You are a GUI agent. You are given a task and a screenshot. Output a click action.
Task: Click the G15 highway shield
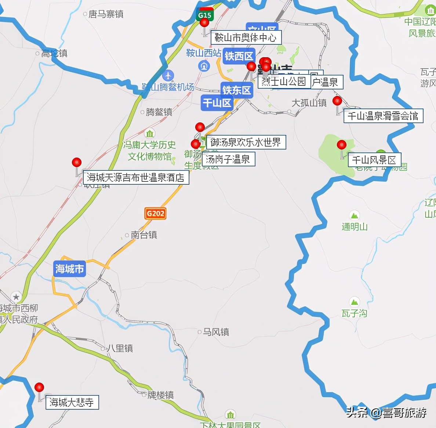click(x=204, y=15)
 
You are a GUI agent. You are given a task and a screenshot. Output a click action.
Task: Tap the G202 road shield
click(x=156, y=213)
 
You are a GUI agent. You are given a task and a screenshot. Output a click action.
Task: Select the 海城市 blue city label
click(x=69, y=269)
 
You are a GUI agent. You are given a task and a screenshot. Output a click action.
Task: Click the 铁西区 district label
click(x=239, y=56)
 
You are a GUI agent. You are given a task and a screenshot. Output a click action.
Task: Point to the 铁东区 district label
click(x=237, y=90)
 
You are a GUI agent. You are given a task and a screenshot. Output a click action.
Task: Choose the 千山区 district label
click(x=217, y=103)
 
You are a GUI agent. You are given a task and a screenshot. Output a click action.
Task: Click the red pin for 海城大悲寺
click(x=39, y=387)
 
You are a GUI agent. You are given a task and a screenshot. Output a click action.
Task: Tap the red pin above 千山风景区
click(x=342, y=144)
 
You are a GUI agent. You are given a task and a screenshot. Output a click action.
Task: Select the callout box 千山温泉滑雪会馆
click(x=382, y=116)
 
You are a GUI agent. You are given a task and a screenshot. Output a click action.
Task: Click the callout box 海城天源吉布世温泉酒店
click(x=136, y=178)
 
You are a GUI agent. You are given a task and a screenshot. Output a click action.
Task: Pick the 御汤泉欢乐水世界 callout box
click(x=246, y=142)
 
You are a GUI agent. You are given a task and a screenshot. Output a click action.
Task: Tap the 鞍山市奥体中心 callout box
click(x=246, y=37)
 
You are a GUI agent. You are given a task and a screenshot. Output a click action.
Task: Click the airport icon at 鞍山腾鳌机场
click(x=168, y=75)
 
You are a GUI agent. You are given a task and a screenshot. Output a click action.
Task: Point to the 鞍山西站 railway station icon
click(x=204, y=66)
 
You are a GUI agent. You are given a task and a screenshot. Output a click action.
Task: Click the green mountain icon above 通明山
click(x=354, y=215)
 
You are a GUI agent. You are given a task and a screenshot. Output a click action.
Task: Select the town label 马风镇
click(x=216, y=332)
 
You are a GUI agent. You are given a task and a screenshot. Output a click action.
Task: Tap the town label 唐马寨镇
click(x=106, y=14)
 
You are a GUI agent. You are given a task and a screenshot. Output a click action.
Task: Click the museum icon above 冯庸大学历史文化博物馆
click(x=149, y=133)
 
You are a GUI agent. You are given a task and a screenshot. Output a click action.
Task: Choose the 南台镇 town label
click(x=143, y=235)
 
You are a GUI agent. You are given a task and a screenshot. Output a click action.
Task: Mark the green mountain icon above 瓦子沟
click(x=354, y=302)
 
